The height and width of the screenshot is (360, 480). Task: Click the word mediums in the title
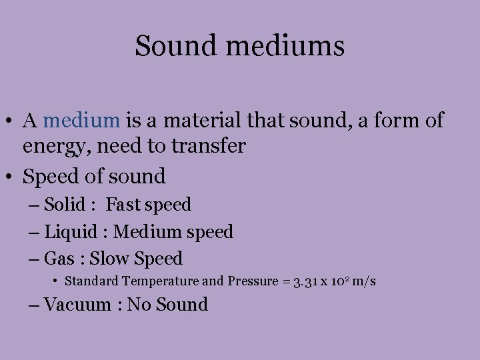pos(289,47)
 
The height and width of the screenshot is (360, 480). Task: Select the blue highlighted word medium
pos(81,120)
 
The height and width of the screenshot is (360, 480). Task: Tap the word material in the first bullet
pos(203,120)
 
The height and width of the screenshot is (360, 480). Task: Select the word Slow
pos(110,258)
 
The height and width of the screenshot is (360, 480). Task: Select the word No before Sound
pos(140,305)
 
